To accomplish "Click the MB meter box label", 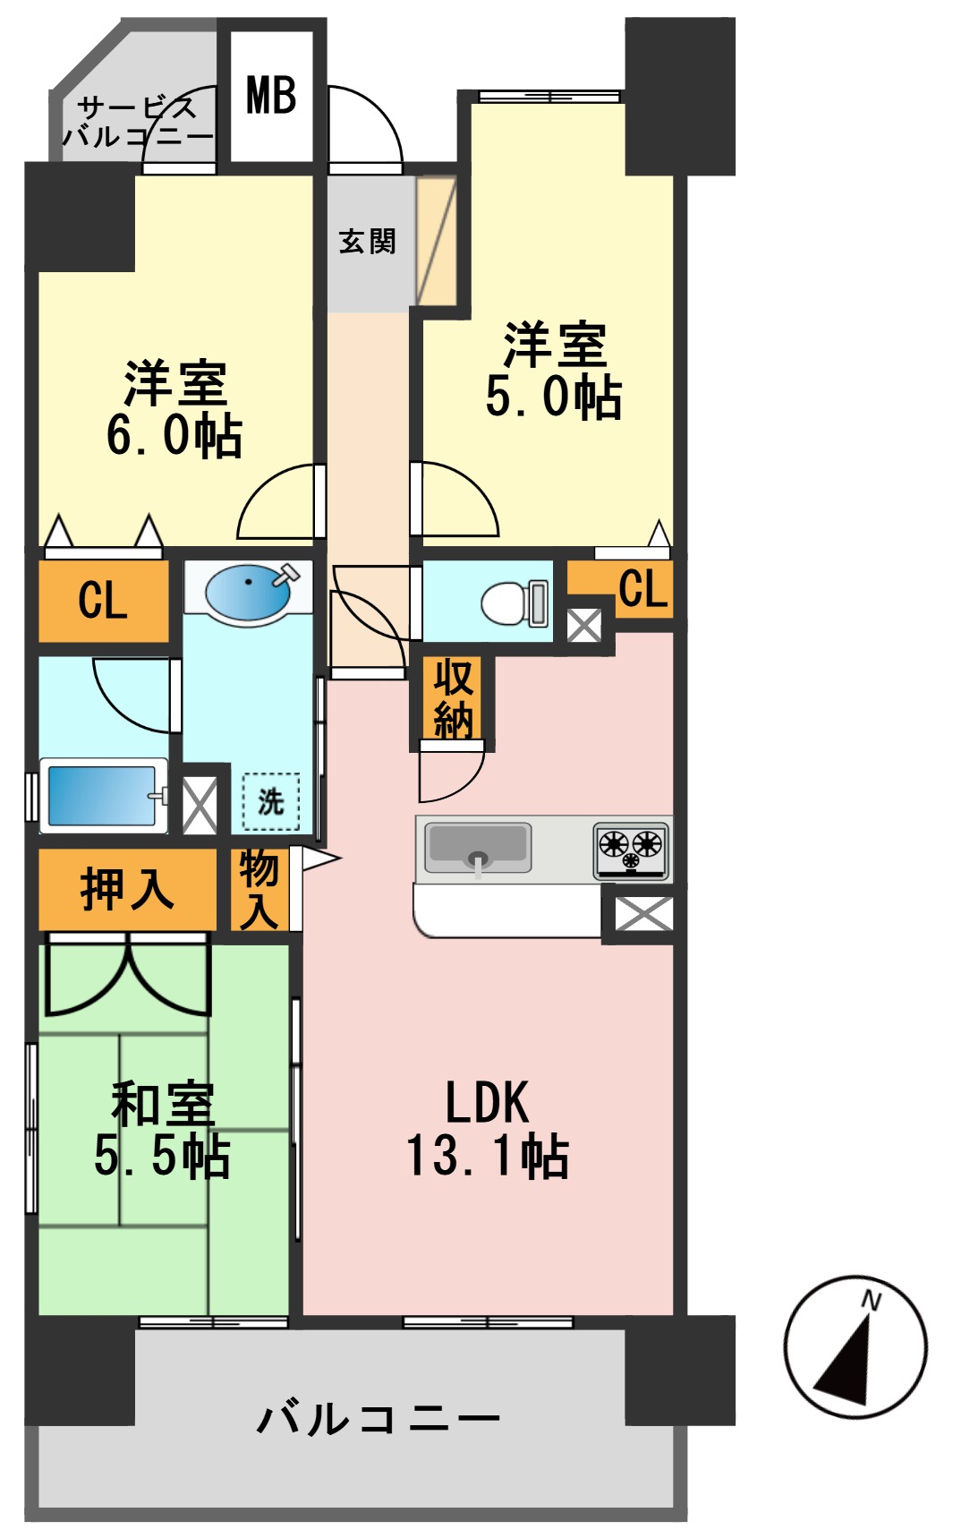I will click(271, 95).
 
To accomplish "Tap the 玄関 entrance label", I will click(367, 241).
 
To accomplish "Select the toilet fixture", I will click(513, 602).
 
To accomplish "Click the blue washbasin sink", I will click(248, 592).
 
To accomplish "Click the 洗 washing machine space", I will click(270, 801).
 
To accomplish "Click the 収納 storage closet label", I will click(453, 699).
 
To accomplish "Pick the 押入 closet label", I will click(126, 890).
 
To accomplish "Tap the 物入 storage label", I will click(260, 890).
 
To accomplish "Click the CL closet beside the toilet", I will click(642, 590).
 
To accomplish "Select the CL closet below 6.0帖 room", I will click(103, 600).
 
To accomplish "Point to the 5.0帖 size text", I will click(553, 397).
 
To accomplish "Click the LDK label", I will click(488, 1102).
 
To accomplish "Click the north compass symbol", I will click(855, 1346).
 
